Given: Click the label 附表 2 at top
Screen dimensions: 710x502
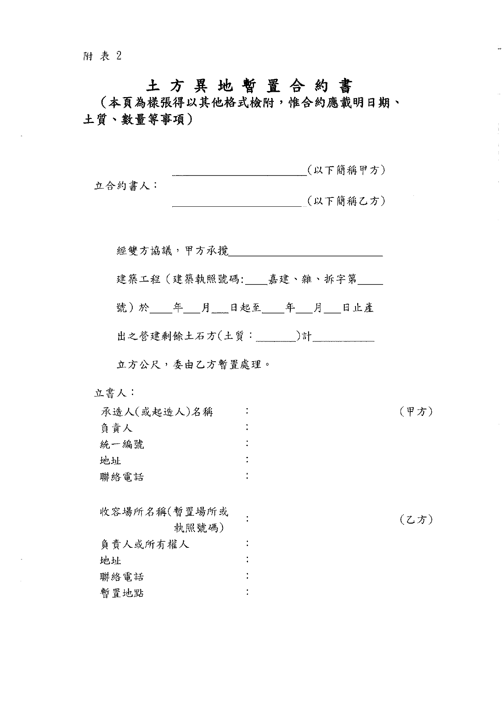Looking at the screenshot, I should coord(102,56).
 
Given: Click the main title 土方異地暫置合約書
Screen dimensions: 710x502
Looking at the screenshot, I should coord(249,86).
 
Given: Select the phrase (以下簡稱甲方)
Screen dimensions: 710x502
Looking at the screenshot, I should coord(345,170).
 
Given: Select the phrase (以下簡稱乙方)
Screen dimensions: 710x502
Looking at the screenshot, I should coord(345,201).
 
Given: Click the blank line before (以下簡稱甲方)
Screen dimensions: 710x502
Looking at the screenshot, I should coord(239,173).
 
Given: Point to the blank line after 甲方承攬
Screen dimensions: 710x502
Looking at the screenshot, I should coord(305,254).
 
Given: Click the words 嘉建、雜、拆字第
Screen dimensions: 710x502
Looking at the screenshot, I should coord(313,279).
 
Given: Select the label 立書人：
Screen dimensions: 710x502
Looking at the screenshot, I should coord(114,392).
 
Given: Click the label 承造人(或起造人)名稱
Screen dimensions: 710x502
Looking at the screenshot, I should coord(157,412).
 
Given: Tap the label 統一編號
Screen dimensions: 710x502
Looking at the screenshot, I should coord(122,445).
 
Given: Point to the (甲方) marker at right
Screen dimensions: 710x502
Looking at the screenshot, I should coord(416,412).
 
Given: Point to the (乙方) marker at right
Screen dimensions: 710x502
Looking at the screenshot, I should coord(416,519).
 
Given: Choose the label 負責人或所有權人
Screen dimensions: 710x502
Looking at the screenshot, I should coord(144,545).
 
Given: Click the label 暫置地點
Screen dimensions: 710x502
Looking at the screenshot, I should coord(122,593).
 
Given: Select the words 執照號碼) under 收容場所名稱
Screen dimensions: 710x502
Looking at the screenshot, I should coord(199,528).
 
